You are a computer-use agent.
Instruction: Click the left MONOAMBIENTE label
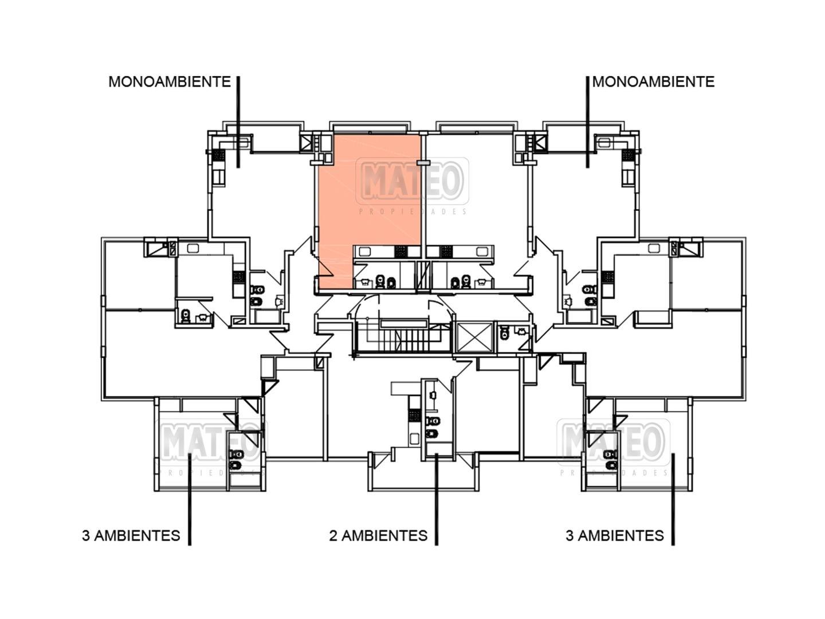(x=169, y=81)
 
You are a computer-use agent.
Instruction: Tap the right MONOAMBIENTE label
(x=653, y=81)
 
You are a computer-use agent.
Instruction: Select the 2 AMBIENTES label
(x=378, y=535)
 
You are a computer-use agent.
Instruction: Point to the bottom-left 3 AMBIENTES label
(x=131, y=535)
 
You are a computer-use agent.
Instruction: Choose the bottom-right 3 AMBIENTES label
(x=615, y=535)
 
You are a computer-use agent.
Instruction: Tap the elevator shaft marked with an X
(x=473, y=336)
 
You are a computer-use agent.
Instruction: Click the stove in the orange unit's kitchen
(x=401, y=251)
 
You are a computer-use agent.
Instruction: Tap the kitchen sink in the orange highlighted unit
(x=364, y=251)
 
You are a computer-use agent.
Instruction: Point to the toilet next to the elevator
(x=504, y=333)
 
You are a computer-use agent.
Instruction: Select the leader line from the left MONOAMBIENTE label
(x=238, y=120)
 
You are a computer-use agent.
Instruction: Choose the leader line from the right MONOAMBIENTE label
(x=587, y=120)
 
